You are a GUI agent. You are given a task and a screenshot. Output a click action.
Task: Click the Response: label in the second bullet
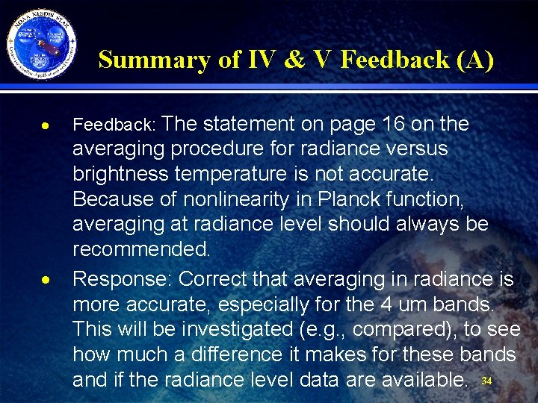[x=123, y=279]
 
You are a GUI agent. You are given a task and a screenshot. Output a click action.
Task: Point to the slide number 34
[x=486, y=381]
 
